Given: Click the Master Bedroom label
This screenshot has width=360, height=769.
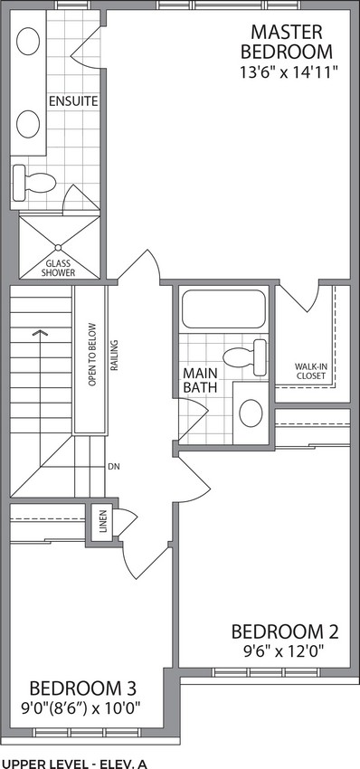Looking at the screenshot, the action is coord(287,42).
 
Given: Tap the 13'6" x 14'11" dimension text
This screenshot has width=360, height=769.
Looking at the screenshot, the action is coord(289,72).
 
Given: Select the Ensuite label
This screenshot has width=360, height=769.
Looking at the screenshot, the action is coord(73,102).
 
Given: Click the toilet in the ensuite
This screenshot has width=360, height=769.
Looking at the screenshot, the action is coord(33,183).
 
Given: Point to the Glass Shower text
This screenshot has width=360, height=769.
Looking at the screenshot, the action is coord(59,268).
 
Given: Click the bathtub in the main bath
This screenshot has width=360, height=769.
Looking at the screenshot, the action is coord(223,309).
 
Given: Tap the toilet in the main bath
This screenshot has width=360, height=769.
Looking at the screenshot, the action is coord(245,357).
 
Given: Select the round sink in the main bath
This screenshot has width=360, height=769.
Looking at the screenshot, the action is coord(251,412).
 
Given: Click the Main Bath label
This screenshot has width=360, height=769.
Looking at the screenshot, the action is coord(200,380).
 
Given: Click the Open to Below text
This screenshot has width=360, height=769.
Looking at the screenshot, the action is coord(91,355).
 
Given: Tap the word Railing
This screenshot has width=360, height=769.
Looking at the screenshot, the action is coord(113,355).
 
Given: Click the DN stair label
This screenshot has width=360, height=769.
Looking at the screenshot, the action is coord(114,465).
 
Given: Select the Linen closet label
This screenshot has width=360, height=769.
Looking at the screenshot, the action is coord(102,523).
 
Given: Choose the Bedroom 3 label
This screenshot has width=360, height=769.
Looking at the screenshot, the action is coord(82,688).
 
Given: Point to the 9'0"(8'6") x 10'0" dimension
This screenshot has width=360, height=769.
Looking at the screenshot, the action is coord(82,708).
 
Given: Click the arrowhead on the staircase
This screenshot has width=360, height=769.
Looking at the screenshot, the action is coord(41,333).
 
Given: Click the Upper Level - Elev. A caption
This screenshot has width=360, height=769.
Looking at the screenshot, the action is coord(74,764).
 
